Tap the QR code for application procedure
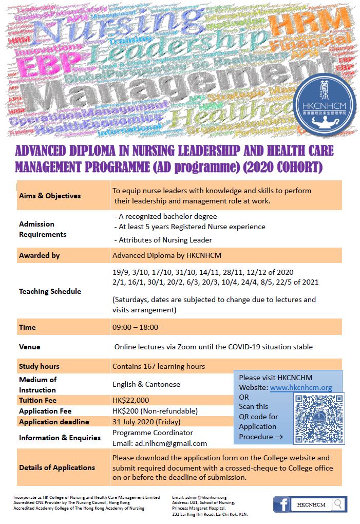click(319, 419)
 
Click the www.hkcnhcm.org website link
click(301, 388)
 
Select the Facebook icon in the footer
click(281, 504)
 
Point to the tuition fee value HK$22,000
click(131, 400)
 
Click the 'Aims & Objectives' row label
click(50, 195)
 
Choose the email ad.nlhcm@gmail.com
click(160, 443)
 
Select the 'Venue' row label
click(30, 347)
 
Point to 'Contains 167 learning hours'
click(159, 366)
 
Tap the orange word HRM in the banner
click(313, 21)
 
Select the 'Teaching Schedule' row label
click(50, 291)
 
